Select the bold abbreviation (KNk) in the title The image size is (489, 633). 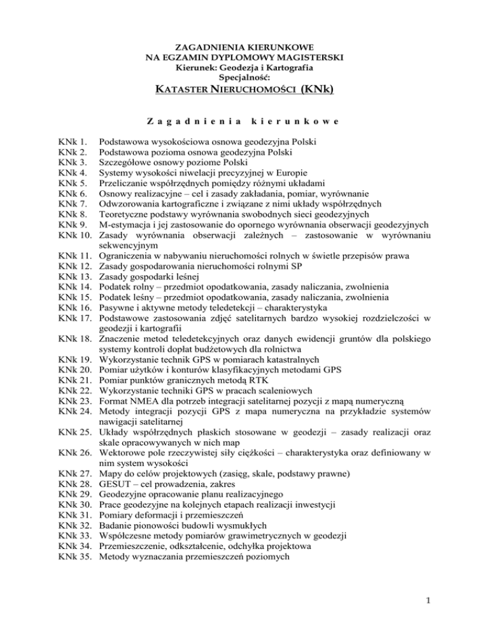[312, 90]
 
